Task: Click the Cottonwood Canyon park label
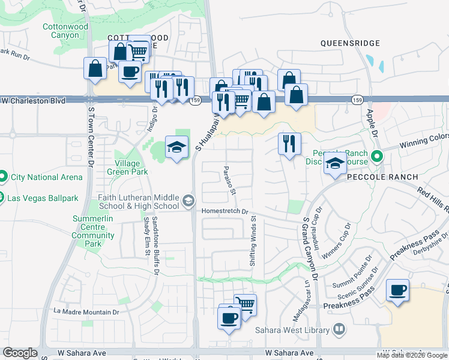pyautogui.click(x=65, y=31)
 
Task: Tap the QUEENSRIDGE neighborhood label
pyautogui.click(x=350, y=43)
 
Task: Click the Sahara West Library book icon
pyautogui.click(x=339, y=329)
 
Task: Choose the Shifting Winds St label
pyautogui.click(x=253, y=240)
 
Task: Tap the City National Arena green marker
pyautogui.click(x=4, y=177)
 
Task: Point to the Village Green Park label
pyautogui.click(x=127, y=167)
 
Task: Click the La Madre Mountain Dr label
pyautogui.click(x=86, y=312)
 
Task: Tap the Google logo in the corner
pyautogui.click(x=20, y=353)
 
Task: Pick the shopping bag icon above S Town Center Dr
pyautogui.click(x=95, y=68)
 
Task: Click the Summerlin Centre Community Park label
pyautogui.click(x=92, y=232)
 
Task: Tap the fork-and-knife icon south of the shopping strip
pyautogui.click(x=289, y=144)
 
